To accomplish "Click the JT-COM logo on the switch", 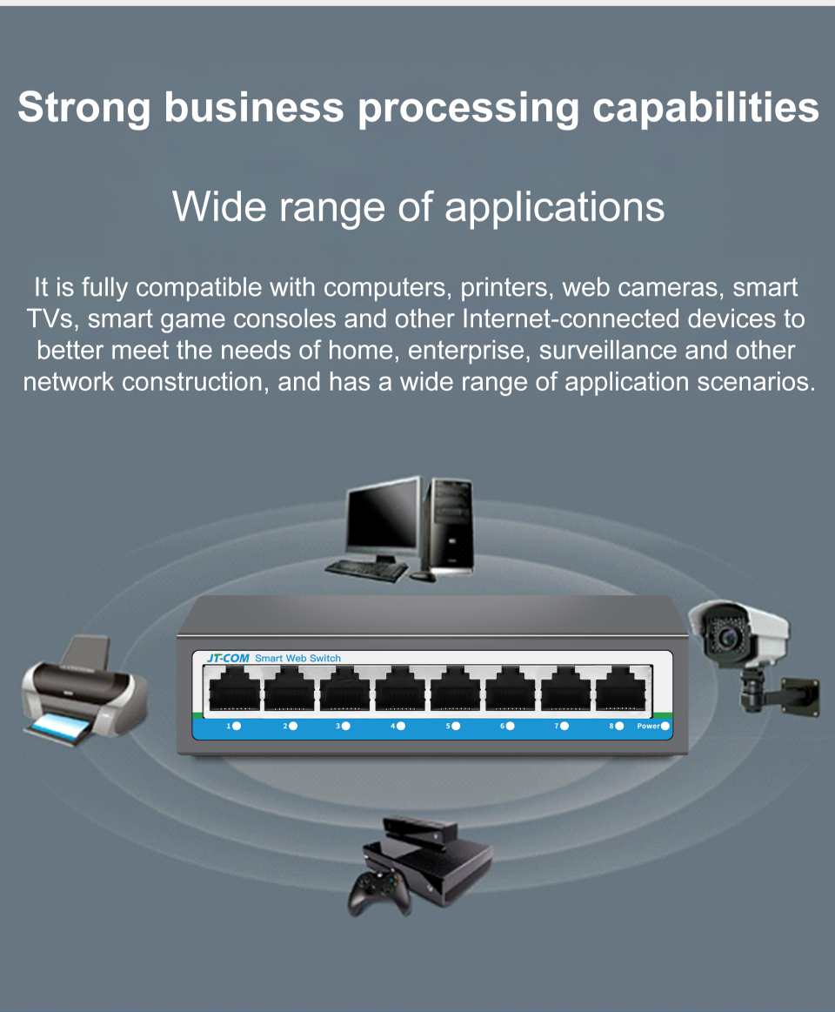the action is point(228,659).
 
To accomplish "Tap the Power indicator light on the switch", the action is point(665,726).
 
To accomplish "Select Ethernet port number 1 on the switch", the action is point(234,688).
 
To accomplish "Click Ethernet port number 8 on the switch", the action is point(620,688).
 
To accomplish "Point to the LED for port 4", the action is point(401,726).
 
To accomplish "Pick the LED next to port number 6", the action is point(510,726).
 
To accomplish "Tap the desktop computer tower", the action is point(451,526).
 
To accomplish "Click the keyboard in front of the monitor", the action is point(366,570).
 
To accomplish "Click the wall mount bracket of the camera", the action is point(781,693).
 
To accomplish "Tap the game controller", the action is point(378,893).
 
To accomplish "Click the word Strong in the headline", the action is point(83,107).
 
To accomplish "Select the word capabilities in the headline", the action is point(706,107).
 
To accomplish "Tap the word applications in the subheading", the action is point(554,208).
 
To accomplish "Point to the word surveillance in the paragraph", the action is point(609,351).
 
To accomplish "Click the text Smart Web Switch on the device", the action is point(297,659).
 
